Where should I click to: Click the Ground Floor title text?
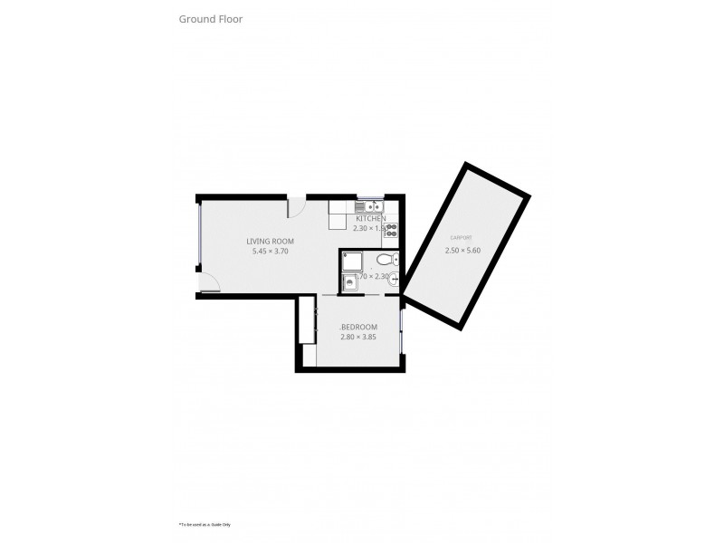[210, 18]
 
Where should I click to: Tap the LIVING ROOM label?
[270, 241]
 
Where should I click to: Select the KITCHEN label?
[370, 219]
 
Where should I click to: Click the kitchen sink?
[370, 205]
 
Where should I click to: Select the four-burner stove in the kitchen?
[391, 230]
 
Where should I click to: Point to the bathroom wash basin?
[391, 281]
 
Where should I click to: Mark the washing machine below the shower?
[350, 284]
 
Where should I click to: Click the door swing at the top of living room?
[296, 207]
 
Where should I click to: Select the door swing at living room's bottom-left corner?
[209, 283]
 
